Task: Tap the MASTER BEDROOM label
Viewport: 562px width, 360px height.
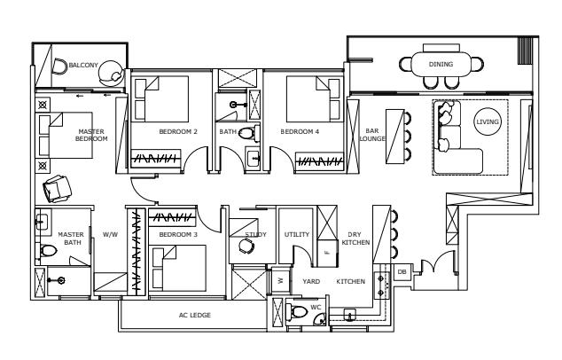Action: pyautogui.click(x=91, y=136)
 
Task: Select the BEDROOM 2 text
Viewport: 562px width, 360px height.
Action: pyautogui.click(x=177, y=131)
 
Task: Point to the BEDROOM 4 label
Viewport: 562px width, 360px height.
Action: pyautogui.click(x=299, y=131)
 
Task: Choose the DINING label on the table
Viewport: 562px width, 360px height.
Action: pyautogui.click(x=441, y=64)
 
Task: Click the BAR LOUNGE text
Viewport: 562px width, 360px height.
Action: pyautogui.click(x=373, y=136)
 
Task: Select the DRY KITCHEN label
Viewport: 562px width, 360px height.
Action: pyautogui.click(x=355, y=238)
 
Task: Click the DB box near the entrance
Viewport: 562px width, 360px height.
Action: pyautogui.click(x=402, y=271)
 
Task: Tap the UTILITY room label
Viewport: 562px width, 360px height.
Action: pyautogui.click(x=296, y=235)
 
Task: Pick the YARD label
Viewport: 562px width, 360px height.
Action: pyautogui.click(x=310, y=282)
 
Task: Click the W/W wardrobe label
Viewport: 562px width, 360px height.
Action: pyautogui.click(x=110, y=235)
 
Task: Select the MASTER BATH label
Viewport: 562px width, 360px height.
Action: pyautogui.click(x=70, y=238)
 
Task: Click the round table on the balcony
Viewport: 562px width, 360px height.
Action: pyautogui.click(x=112, y=69)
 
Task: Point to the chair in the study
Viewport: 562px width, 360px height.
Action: pyautogui.click(x=246, y=248)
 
